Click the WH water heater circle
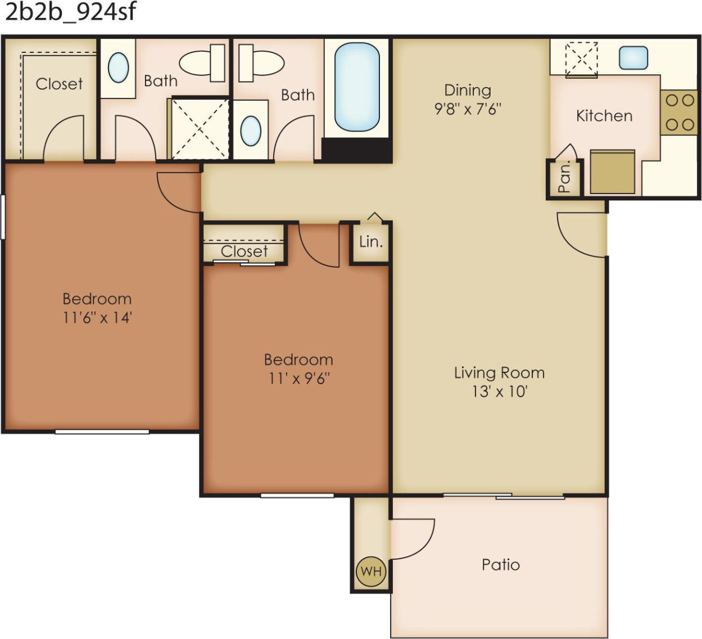tap(371, 571)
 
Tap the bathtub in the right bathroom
tap(356, 87)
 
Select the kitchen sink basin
tap(633, 58)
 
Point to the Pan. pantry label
tap(564, 177)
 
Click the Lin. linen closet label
tap(371, 242)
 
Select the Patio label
tap(500, 565)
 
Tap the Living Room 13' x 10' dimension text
tap(499, 391)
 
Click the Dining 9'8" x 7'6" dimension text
tap(468, 109)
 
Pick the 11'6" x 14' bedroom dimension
tap(97, 318)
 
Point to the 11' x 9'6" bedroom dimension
tap(298, 378)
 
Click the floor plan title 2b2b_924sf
tap(70, 12)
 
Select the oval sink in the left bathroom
tap(118, 67)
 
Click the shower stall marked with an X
tap(200, 129)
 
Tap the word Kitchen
tap(604, 116)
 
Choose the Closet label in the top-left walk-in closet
tap(59, 84)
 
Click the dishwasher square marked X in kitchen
tap(581, 58)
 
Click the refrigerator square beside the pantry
tap(612, 172)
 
